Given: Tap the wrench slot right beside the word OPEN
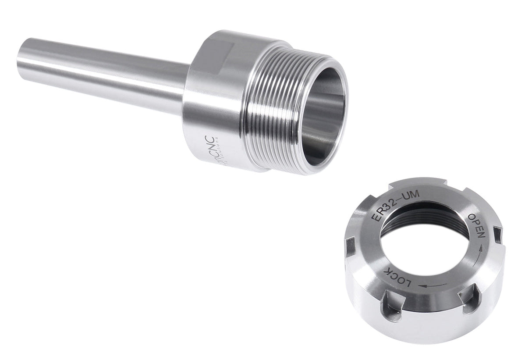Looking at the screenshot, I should (497, 234).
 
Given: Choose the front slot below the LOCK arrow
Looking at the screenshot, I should (467, 302).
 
